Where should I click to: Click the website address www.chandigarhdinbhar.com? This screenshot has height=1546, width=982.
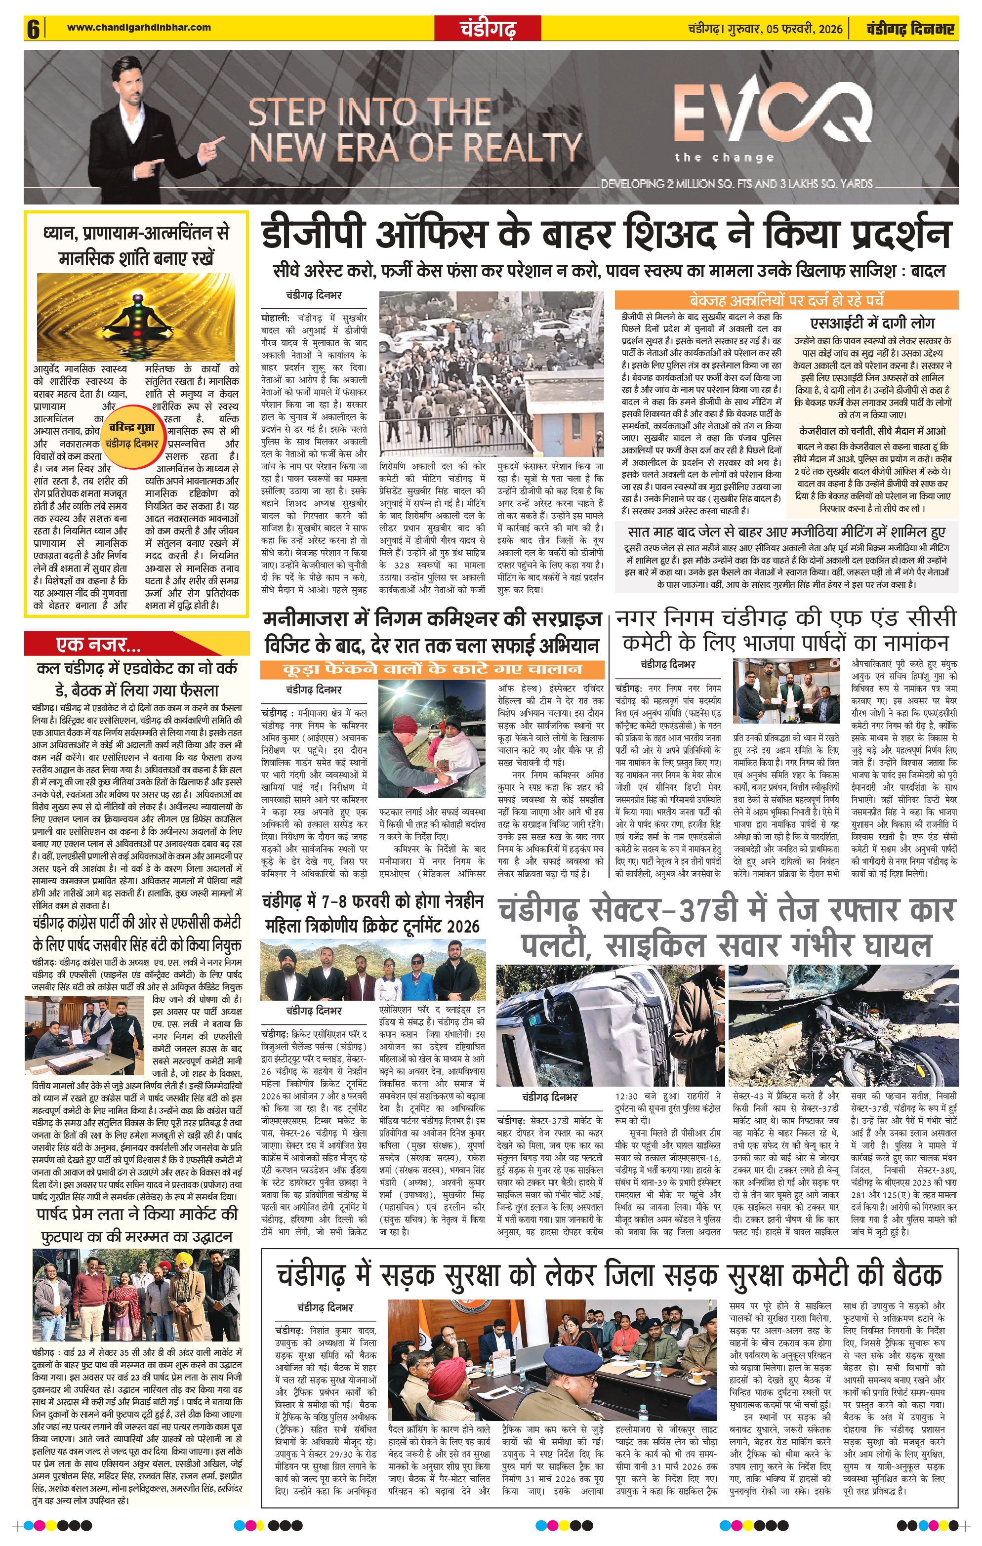point(139,27)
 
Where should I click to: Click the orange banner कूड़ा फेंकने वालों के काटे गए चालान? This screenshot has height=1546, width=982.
point(432,669)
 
